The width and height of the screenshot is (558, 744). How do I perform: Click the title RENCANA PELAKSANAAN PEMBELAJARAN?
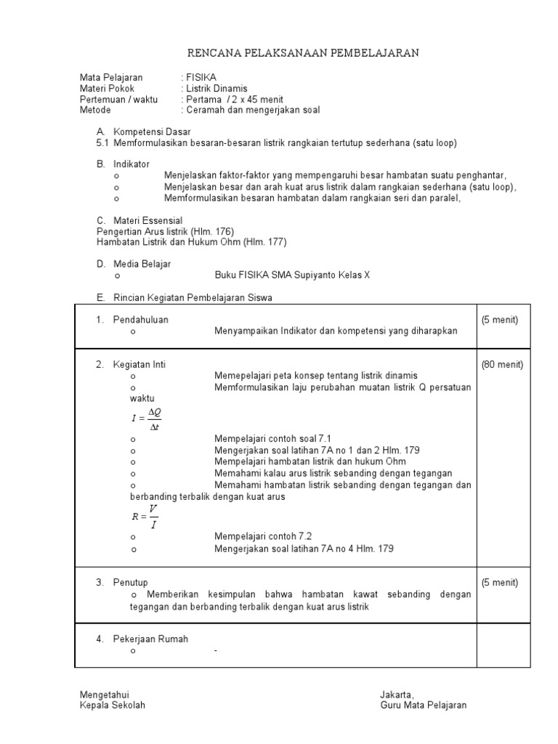[x=304, y=53]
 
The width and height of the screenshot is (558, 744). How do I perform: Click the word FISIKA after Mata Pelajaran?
[x=201, y=78]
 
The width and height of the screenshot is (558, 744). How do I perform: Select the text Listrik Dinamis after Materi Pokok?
[x=217, y=89]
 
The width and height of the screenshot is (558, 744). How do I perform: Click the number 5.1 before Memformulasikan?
[x=102, y=143]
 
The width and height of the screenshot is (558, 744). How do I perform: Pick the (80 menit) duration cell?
[x=502, y=365]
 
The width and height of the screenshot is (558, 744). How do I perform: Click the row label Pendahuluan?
[x=141, y=320]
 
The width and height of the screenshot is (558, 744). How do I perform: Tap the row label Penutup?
[x=131, y=583]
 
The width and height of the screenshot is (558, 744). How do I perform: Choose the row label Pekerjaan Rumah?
[x=150, y=639]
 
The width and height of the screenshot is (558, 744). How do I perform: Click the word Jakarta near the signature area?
[x=396, y=695]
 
